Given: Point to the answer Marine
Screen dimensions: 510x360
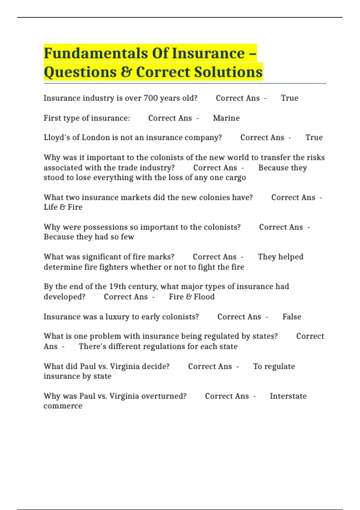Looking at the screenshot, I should (226, 118).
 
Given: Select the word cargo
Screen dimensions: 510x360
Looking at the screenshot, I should (235, 178).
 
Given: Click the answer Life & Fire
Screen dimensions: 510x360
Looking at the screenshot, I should (63, 207).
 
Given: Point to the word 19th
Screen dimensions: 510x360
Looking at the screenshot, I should (117, 286).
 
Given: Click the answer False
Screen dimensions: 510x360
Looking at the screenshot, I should (292, 317).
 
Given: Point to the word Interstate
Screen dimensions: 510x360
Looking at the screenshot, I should (288, 396).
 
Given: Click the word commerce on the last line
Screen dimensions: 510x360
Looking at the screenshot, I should (63, 406).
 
